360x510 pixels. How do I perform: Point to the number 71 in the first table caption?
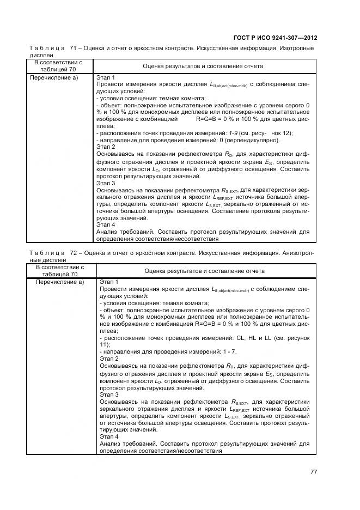pyautogui.click(x=74, y=48)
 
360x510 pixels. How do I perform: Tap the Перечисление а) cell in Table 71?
pyautogui.click(x=58, y=77)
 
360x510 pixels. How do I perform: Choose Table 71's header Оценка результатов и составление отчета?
pyautogui.click(x=203, y=66)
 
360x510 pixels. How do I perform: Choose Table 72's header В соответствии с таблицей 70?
pyautogui.click(x=60, y=271)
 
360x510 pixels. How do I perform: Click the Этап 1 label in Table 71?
pyautogui.click(x=106, y=77)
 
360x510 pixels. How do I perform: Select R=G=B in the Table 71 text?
pyautogui.click(x=207, y=118)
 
